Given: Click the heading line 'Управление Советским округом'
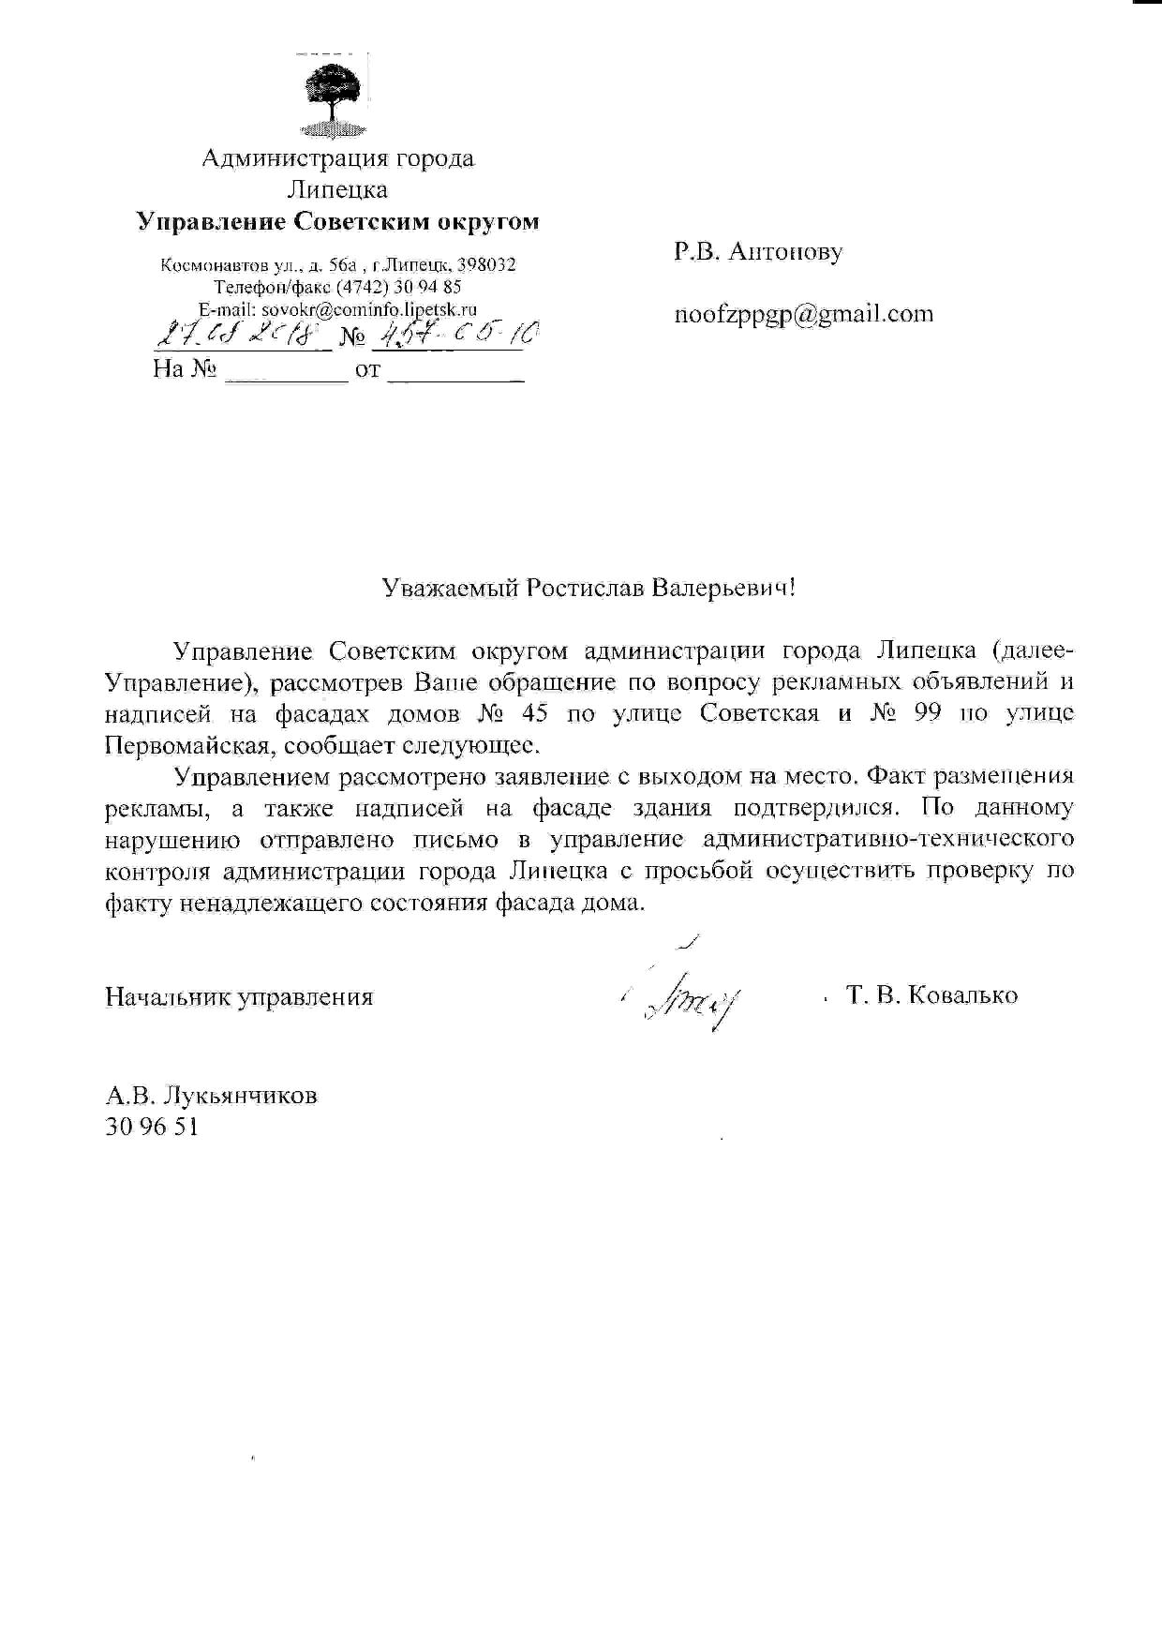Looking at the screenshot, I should pos(337,222).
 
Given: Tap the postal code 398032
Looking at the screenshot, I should pos(485,265).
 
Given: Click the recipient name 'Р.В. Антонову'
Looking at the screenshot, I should pos(757,251).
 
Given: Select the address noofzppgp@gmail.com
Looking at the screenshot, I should pos(804,314).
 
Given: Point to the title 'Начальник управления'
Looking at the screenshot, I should pos(239,996).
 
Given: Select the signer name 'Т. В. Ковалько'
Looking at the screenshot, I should pos(931,995).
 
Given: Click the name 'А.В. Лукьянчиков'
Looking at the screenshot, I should pos(211,1095).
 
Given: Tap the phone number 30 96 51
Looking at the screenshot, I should pos(152,1127).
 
